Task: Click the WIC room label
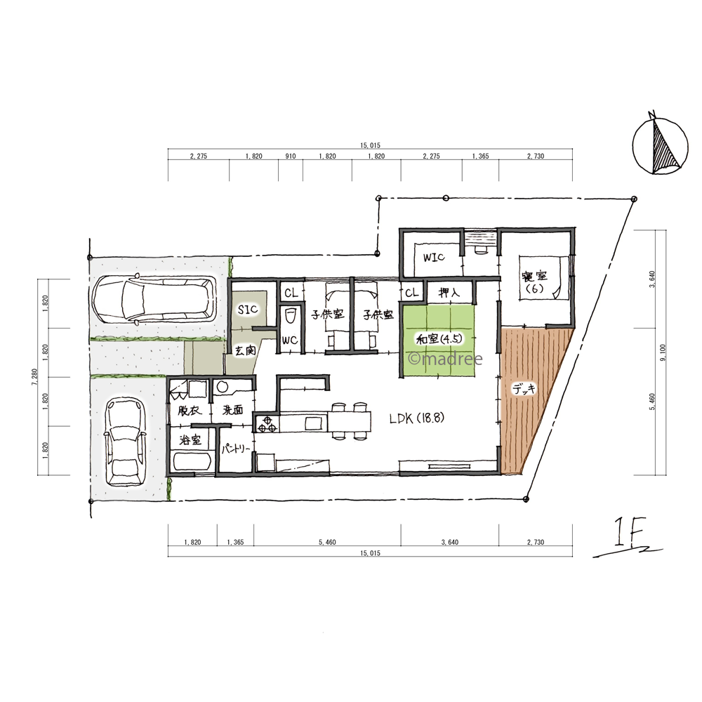pyautogui.click(x=434, y=258)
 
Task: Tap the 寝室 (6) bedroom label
pyautogui.click(x=534, y=282)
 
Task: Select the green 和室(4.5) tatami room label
pyautogui.click(x=439, y=339)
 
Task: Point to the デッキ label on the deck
pyautogui.click(x=524, y=389)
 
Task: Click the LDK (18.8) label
pyautogui.click(x=416, y=418)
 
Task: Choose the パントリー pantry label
pyautogui.click(x=235, y=447)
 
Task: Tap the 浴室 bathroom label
pyautogui.click(x=191, y=440)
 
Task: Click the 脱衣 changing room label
pyautogui.click(x=190, y=410)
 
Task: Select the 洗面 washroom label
pyautogui.click(x=232, y=409)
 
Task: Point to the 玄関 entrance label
pyautogui.click(x=245, y=350)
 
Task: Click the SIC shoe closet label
pyautogui.click(x=248, y=310)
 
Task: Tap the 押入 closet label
pyautogui.click(x=449, y=293)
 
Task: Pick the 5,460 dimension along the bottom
pyautogui.click(x=327, y=542)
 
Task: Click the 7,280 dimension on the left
pyautogui.click(x=34, y=377)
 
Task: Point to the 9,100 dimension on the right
pyautogui.click(x=663, y=352)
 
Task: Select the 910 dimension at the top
pyautogui.click(x=291, y=157)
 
